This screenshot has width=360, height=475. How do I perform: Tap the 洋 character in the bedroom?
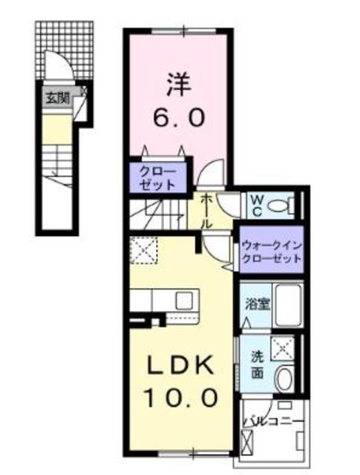pyautogui.click(x=177, y=82)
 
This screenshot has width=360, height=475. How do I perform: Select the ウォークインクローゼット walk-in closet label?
pyautogui.click(x=270, y=252)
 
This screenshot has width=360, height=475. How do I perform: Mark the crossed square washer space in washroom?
pyautogui.click(x=282, y=347)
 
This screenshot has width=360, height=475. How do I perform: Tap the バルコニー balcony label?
pyautogui.click(x=272, y=422)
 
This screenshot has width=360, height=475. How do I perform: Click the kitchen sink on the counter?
pyautogui.click(x=183, y=301)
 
